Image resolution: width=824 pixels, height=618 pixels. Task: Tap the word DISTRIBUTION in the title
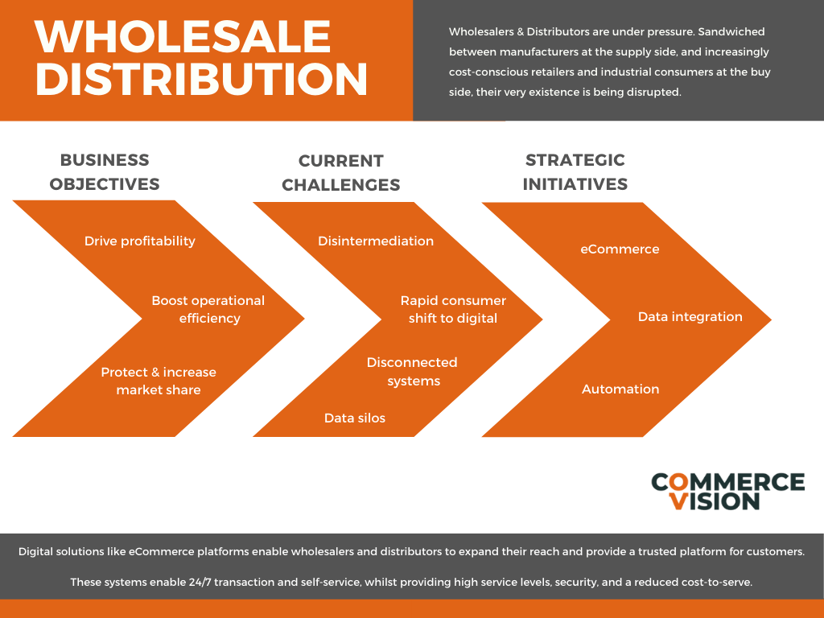201,79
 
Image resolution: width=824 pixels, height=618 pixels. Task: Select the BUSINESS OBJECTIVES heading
105,172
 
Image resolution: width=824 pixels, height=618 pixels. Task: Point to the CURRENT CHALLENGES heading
340,173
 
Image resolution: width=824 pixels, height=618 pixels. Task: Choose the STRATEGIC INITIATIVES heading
575,172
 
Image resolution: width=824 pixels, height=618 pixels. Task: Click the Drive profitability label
140,241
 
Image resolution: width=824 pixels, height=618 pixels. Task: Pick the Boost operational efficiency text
208,310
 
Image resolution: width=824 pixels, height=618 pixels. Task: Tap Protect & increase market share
159,381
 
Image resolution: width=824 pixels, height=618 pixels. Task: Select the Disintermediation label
376,241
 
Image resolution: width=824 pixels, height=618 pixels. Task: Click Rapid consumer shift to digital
453,310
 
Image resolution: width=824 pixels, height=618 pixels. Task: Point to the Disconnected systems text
413,372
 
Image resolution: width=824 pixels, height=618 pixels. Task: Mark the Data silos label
355,418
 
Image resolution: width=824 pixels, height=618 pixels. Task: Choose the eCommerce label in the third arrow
620,249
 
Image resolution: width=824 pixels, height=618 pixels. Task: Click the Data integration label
690,317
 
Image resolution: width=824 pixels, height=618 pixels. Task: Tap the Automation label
620,389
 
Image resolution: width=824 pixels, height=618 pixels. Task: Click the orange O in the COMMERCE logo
678,482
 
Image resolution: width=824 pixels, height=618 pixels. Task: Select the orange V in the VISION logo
678,501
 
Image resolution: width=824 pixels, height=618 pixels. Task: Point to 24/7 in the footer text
200,583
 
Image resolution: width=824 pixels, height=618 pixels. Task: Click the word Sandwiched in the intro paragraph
731,31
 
